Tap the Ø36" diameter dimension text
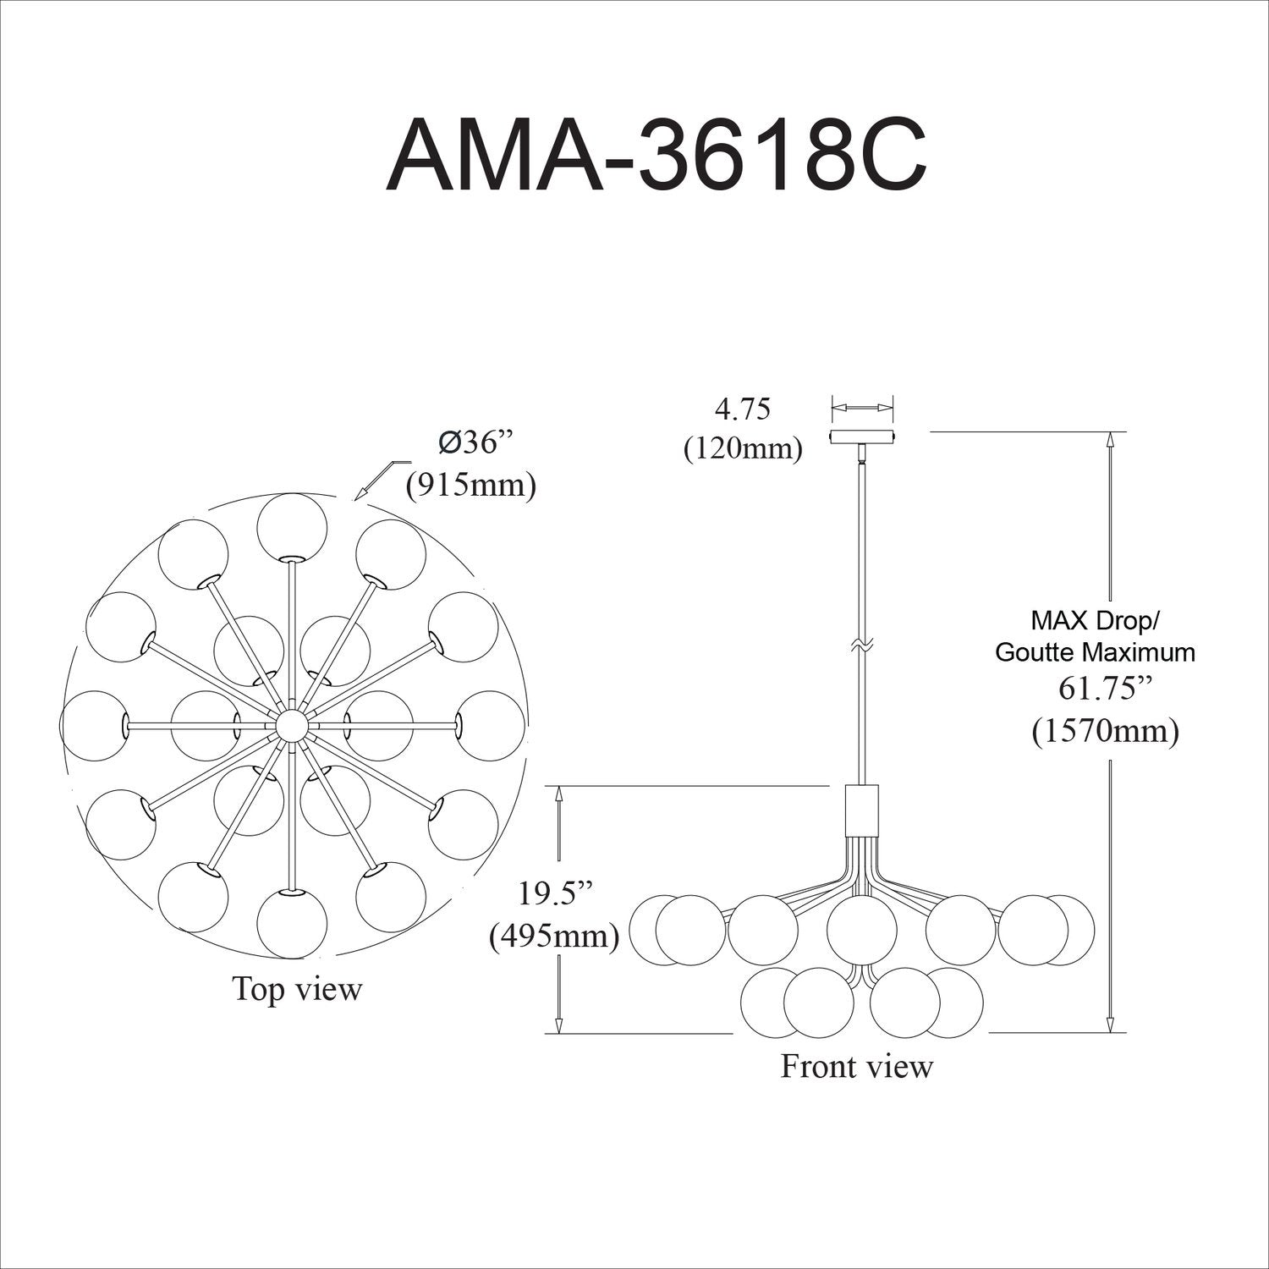tap(476, 443)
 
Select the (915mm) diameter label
tap(471, 486)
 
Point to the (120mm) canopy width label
tap(743, 448)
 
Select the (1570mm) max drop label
tap(1105, 730)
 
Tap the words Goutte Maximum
tap(1096, 652)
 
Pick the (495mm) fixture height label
tap(554, 936)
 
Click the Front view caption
tap(856, 1066)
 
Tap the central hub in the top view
tap(292, 725)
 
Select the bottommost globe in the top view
tap(292, 923)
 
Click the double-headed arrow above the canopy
tap(862, 408)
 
